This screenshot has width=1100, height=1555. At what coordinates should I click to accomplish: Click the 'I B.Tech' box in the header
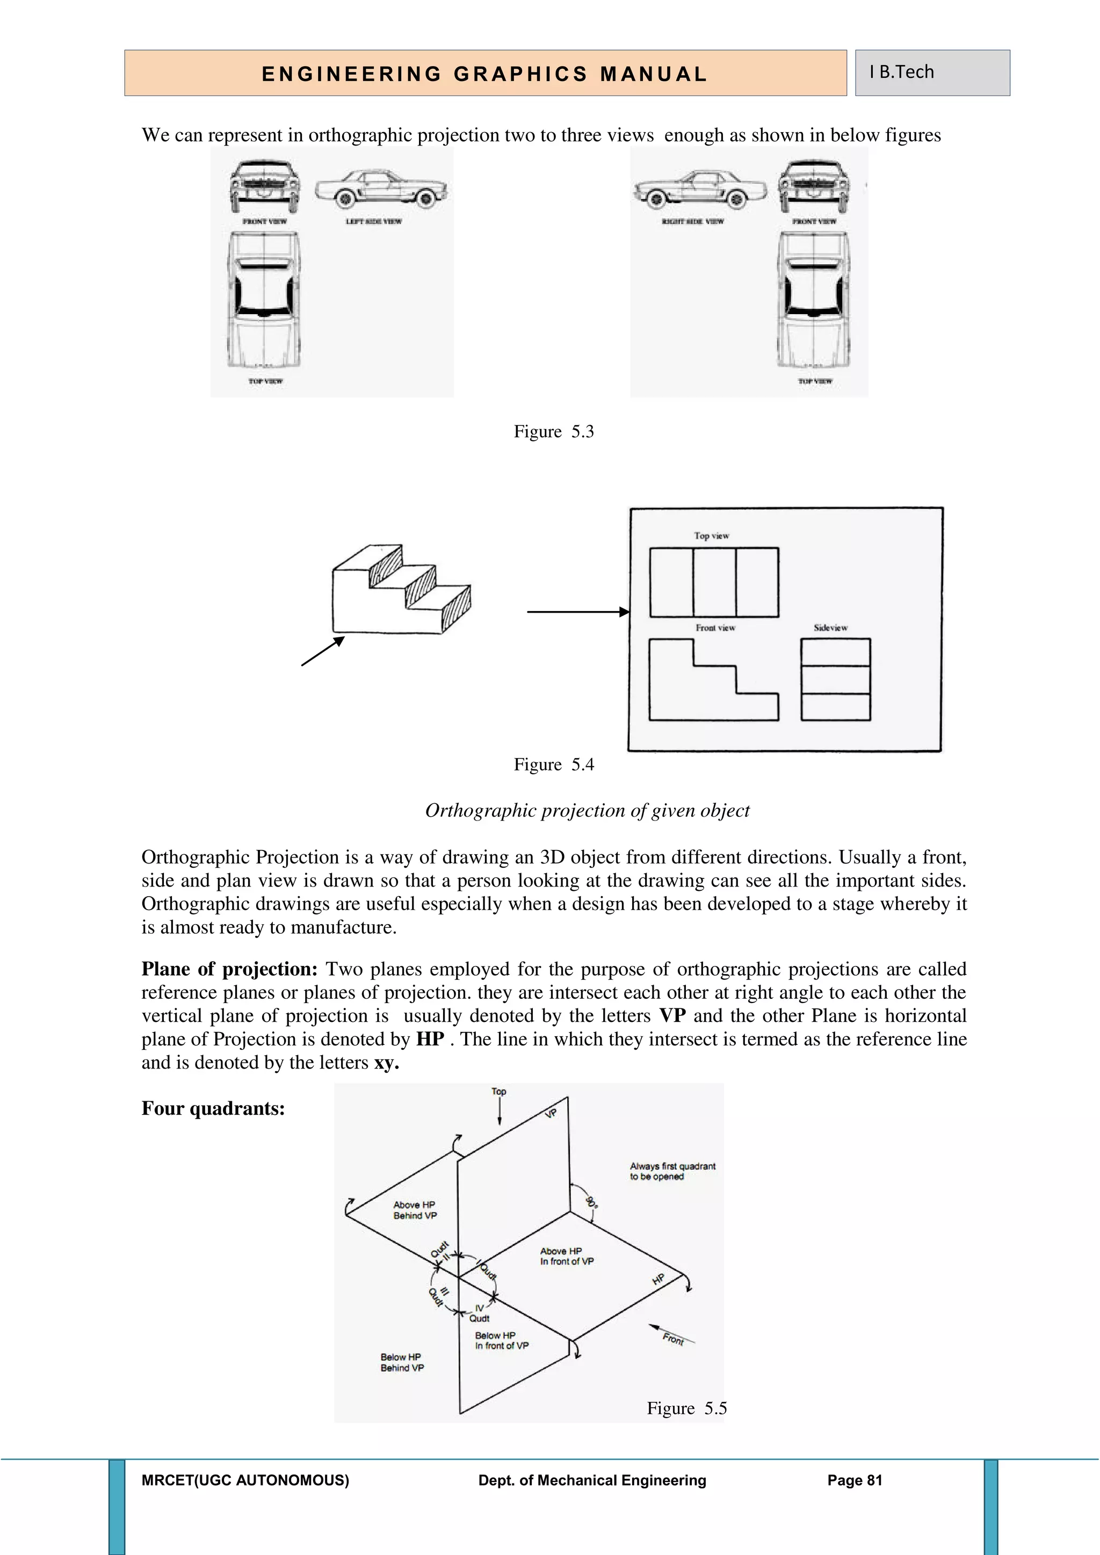click(932, 72)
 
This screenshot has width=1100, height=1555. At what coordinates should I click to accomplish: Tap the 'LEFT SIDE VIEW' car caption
click(374, 221)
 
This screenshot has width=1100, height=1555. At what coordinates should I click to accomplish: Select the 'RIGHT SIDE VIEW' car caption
click(692, 221)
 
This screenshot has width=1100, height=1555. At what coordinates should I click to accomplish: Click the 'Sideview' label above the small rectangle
click(830, 628)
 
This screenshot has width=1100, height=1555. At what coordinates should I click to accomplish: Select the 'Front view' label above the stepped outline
click(715, 628)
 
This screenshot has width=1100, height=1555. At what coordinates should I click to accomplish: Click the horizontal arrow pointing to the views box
click(577, 612)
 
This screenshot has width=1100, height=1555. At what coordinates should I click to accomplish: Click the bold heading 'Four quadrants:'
click(213, 1109)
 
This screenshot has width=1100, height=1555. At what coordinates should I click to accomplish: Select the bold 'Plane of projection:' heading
click(229, 969)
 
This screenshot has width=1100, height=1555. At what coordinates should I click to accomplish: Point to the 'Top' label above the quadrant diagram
click(498, 1091)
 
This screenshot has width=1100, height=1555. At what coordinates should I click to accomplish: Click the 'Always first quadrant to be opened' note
click(672, 1171)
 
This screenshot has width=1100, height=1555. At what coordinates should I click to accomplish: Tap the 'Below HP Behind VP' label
click(402, 1362)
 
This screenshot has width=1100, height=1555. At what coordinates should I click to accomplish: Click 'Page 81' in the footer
click(854, 1480)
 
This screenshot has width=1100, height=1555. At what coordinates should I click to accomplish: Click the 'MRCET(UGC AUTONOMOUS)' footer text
click(245, 1480)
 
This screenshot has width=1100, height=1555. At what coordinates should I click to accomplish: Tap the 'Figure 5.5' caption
click(686, 1409)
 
